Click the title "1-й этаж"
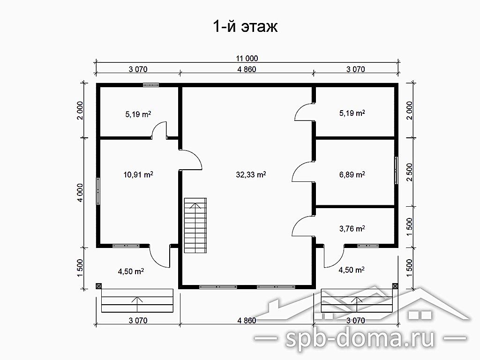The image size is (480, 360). pos(245,27)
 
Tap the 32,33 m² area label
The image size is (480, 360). pos(251,174)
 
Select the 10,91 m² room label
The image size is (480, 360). pos(138,174)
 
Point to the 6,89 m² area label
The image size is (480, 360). pos(352,174)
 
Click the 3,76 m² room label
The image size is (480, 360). pos(352,228)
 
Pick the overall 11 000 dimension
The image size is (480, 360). pos(247,58)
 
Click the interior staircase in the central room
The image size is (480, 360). pos(195,225)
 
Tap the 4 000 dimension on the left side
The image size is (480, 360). pos(80,193)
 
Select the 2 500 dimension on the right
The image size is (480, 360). pos(410,172)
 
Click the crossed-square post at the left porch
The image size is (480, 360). pos(98,286)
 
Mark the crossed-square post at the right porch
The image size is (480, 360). pos(395,286)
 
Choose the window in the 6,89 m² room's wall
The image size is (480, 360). pos(396,170)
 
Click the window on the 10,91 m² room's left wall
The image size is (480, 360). pos(98,191)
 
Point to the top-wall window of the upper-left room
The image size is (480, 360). pos(151,85)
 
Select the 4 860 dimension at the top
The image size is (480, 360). pos(247,69)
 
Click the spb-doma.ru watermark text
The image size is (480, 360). pos(360,338)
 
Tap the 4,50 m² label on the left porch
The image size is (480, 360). pos(131,271)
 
